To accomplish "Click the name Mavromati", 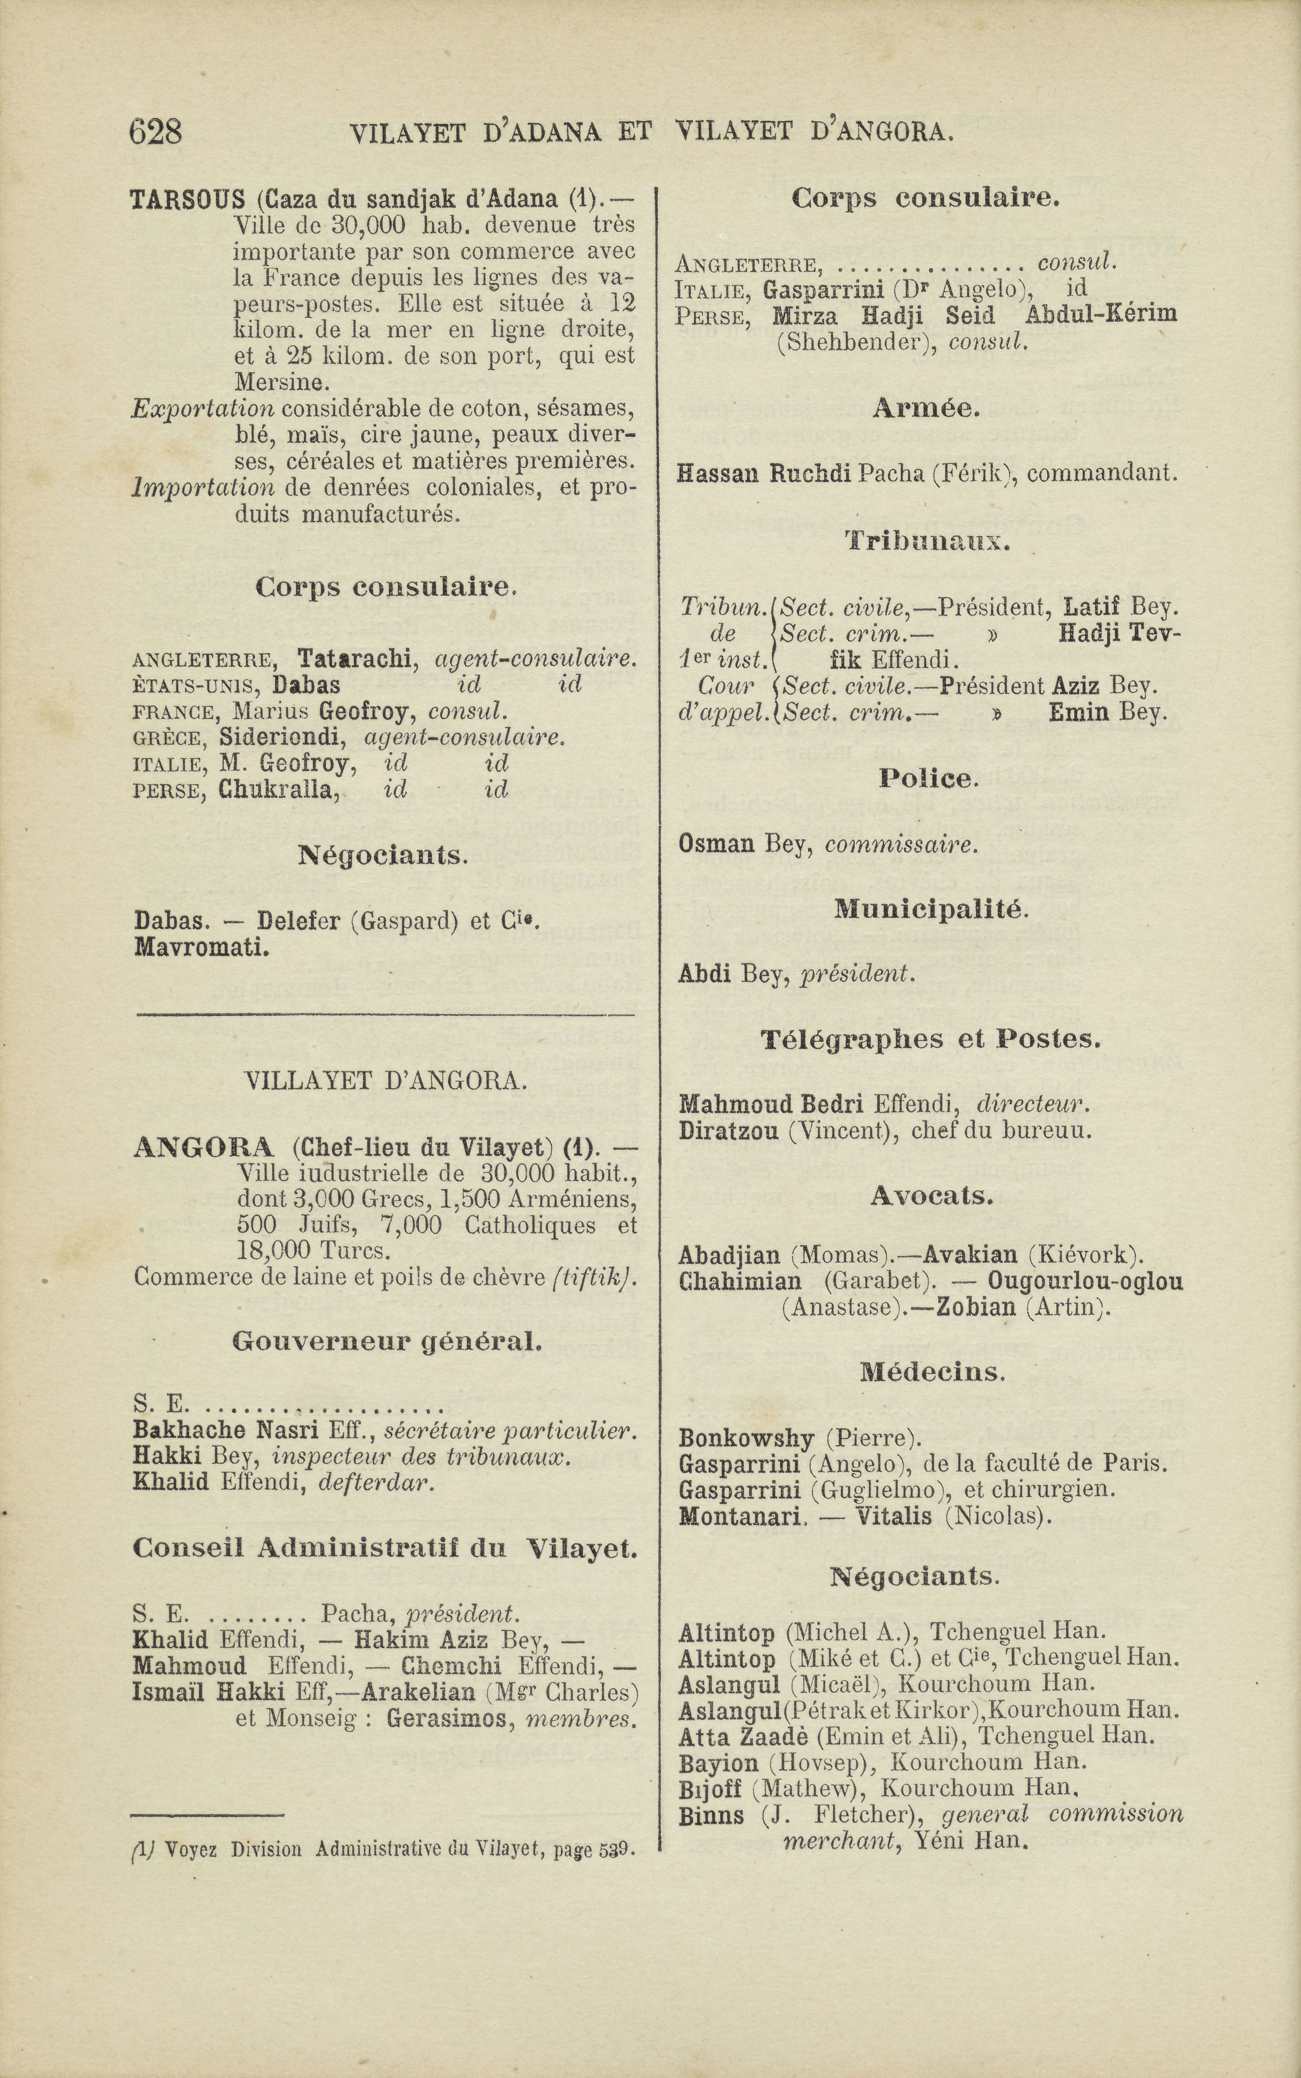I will pos(202,948).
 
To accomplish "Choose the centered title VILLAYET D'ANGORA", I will pos(385,1081).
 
